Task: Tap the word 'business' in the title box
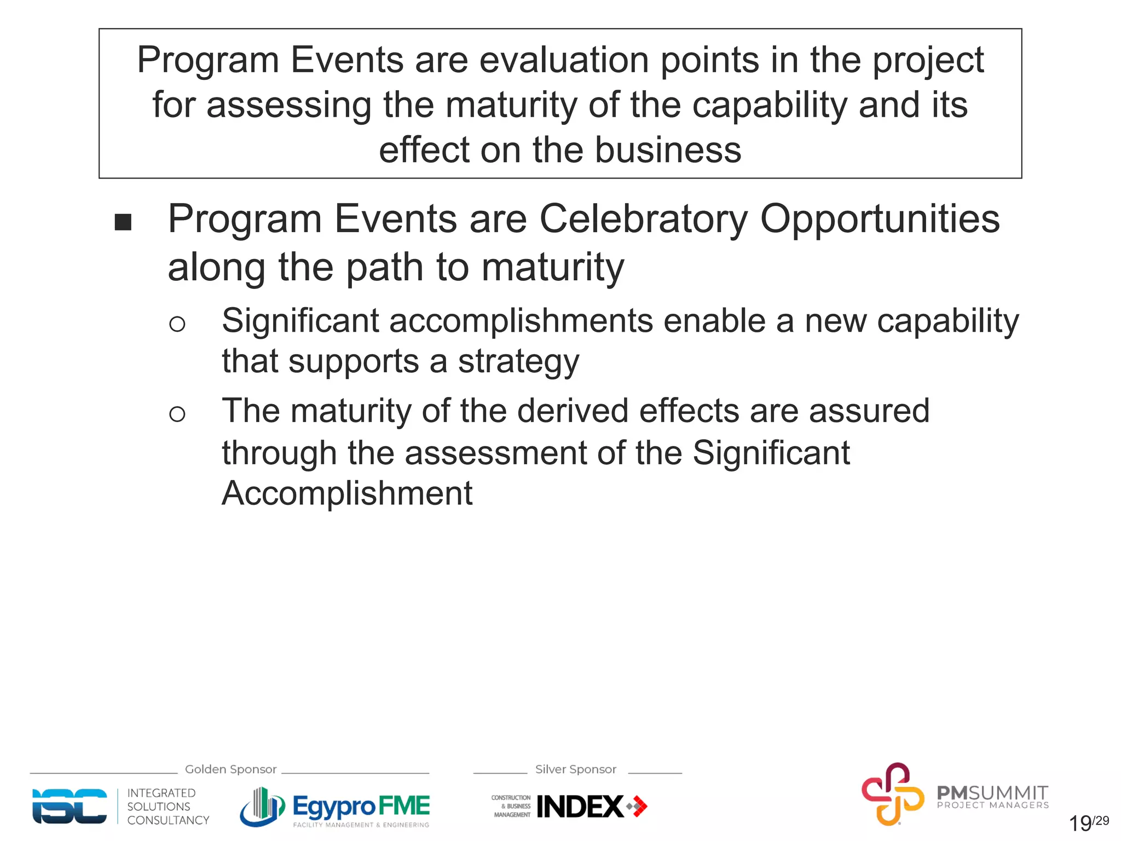click(668, 150)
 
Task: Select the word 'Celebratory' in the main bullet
click(643, 219)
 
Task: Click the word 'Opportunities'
click(880, 219)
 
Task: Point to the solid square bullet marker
click(123, 222)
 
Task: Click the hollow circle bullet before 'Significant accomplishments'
click(177, 324)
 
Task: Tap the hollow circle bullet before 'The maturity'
click(177, 414)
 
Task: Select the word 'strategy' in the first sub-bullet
click(518, 362)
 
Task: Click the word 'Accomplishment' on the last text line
click(347, 493)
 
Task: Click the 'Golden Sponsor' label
click(230, 769)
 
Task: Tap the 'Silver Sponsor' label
click(575, 769)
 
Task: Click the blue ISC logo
click(70, 806)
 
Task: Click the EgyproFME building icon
click(262, 807)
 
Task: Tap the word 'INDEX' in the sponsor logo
click(580, 807)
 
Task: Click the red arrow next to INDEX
click(638, 807)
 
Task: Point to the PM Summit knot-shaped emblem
click(892, 794)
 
